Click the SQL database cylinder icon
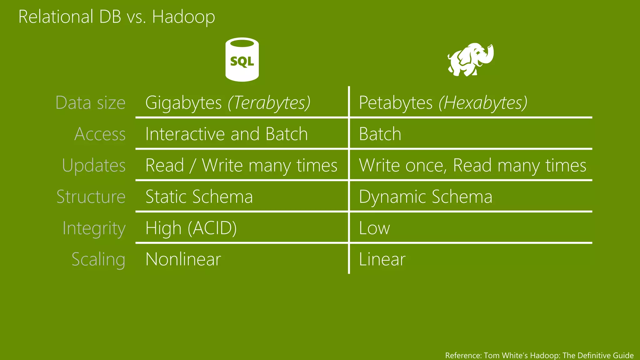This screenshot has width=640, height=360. click(242, 60)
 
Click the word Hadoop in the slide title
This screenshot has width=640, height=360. click(183, 17)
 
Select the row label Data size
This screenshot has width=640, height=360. click(90, 102)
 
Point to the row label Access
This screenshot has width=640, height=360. click(100, 134)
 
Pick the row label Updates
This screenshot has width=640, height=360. click(94, 165)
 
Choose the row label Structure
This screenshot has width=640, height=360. click(91, 197)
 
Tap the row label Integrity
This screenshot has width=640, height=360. click(94, 228)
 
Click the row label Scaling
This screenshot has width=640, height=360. click(98, 259)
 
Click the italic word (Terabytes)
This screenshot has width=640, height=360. click(269, 102)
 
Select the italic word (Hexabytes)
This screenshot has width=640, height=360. click(483, 102)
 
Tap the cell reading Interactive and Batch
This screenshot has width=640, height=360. click(227, 134)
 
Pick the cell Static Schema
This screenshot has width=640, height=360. click(199, 197)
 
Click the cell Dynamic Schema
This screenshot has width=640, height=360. click(425, 197)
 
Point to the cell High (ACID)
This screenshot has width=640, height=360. click(191, 228)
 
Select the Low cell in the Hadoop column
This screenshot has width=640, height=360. click(374, 228)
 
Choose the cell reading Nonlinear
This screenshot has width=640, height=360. click(183, 259)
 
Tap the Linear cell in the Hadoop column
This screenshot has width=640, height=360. click(382, 259)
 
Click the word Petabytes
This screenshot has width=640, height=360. click(396, 102)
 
